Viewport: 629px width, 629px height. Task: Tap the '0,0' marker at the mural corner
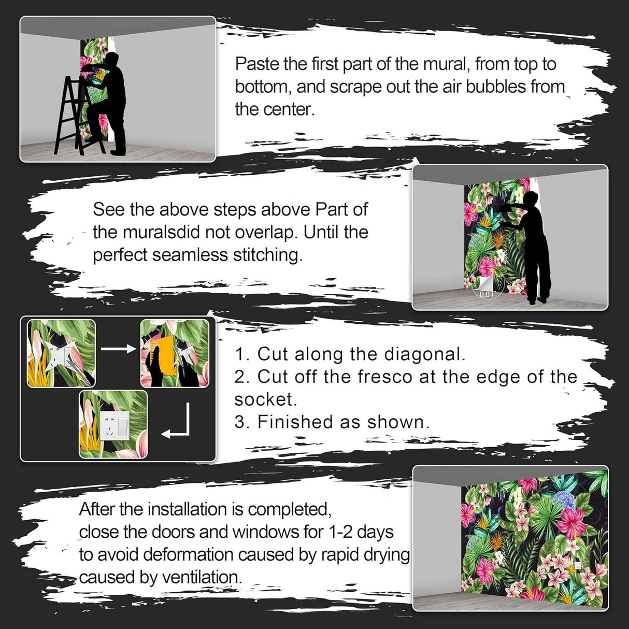click(484, 294)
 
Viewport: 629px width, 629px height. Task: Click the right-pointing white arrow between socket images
click(118, 349)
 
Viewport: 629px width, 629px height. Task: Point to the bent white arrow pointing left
click(178, 424)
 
